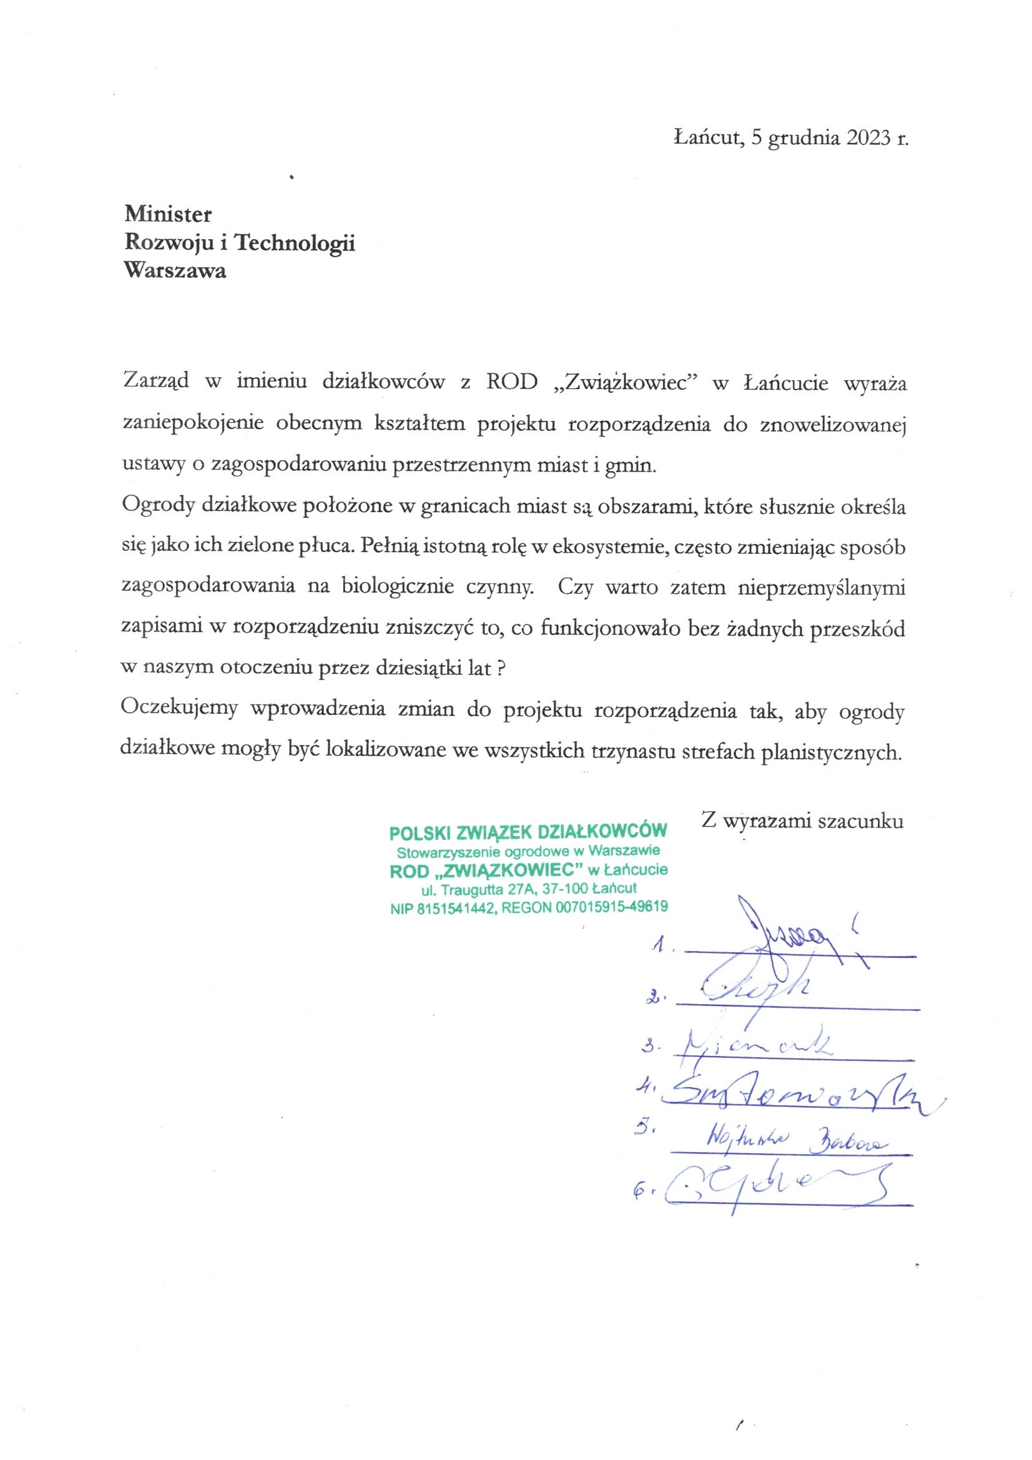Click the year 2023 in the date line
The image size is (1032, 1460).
click(868, 139)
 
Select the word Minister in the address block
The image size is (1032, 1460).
click(168, 214)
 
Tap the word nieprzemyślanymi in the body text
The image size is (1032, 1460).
click(821, 588)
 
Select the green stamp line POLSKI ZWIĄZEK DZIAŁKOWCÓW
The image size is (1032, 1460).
click(528, 831)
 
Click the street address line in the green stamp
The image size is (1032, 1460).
click(528, 889)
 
